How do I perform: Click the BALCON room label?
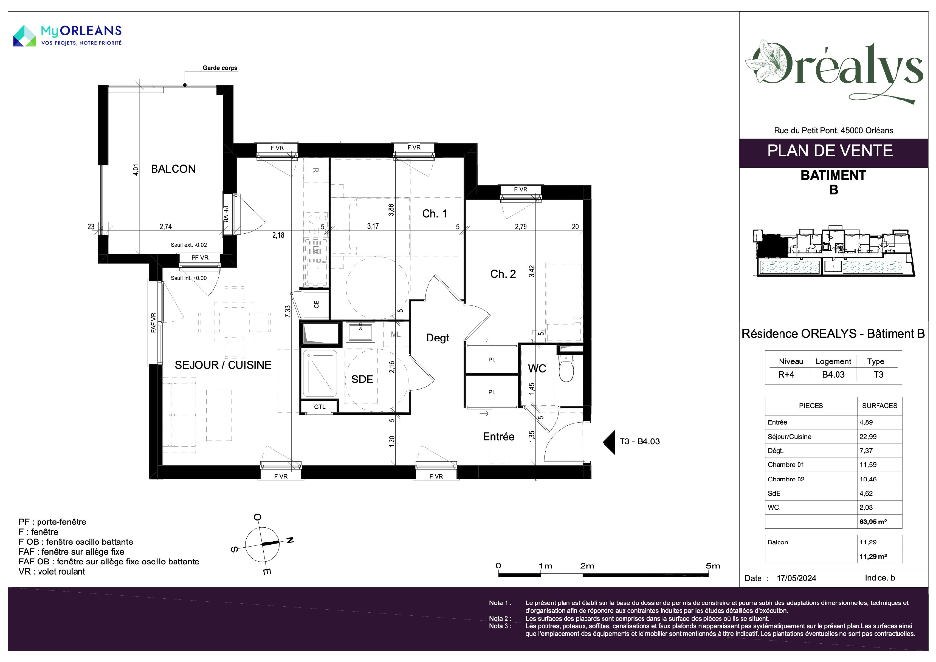coord(173,169)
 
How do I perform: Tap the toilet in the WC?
coord(566,369)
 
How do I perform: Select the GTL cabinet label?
coord(320,407)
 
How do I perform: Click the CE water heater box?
coord(316,304)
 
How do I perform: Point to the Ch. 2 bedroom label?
coord(503,274)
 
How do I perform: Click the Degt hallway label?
coord(437,338)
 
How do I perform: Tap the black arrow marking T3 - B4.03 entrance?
coord(609,442)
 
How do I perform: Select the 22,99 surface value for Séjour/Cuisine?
coord(868,437)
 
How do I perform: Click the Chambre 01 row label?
coord(786,465)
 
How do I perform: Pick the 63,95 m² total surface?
coord(873,522)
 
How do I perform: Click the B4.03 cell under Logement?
coord(833,375)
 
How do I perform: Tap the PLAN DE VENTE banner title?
coord(830,151)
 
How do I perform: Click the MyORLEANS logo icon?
coord(24,36)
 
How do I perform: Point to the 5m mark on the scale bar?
coord(713,566)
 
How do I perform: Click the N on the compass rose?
coord(290,540)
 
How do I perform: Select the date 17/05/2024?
coord(796,578)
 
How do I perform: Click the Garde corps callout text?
coord(220,68)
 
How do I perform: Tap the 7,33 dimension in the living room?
coord(288,311)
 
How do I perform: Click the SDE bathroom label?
coord(362,380)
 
